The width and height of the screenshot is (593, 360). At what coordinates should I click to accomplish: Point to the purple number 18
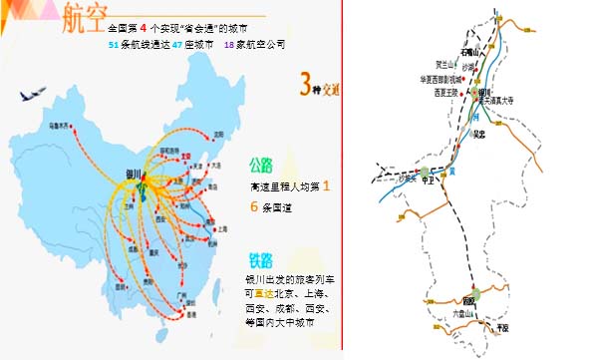click(228, 45)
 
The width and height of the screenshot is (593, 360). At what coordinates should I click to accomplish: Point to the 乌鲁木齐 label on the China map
click(63, 128)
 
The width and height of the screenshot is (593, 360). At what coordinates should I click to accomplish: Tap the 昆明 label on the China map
click(123, 282)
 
